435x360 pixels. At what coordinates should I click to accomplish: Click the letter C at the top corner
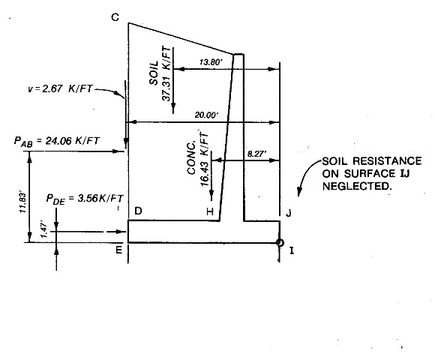coord(115,17)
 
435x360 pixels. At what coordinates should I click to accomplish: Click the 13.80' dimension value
coord(211,62)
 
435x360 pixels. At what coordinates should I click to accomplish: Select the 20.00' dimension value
coord(207,115)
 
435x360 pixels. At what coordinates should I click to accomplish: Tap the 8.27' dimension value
coord(256,154)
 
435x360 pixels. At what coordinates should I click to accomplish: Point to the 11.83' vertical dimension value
coord(23,202)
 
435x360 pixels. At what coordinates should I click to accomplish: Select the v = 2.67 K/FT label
coord(60,88)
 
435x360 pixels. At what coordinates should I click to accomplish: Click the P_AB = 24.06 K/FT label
coord(56,141)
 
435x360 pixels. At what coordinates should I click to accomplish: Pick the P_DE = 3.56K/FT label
coord(85,199)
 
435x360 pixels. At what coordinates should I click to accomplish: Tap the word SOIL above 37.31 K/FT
coord(154,73)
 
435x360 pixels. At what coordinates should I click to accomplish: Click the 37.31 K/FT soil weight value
coord(166,73)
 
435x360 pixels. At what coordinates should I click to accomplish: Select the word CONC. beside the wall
coord(191,158)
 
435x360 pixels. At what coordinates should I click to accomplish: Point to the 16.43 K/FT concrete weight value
coord(204,160)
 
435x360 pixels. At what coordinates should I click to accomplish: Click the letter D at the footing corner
coord(138,211)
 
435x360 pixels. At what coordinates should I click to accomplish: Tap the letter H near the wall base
coord(210,211)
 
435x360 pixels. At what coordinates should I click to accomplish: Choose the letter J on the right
coord(289,213)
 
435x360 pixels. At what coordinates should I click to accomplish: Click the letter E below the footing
coord(118,250)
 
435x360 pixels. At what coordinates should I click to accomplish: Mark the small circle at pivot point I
coord(280,243)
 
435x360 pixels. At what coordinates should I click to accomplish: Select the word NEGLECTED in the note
coord(357,186)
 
